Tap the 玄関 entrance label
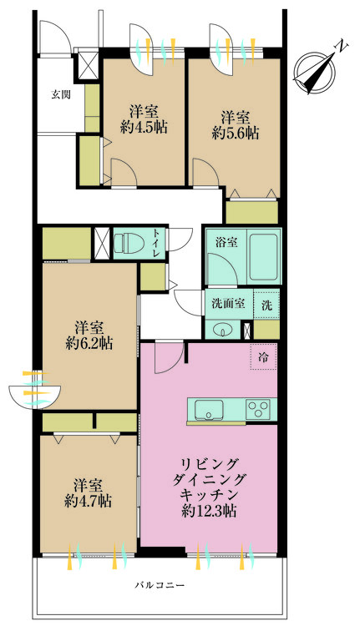point(59,94)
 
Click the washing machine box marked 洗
point(266,305)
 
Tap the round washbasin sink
point(223,329)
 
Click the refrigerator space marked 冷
point(263,357)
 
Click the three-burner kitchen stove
point(259,410)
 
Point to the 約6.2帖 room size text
point(89,342)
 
